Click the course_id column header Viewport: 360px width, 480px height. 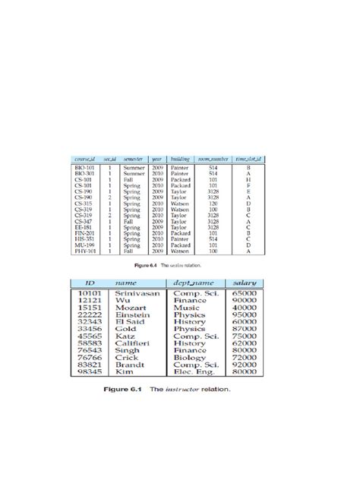point(85,157)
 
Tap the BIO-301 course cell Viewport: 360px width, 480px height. point(84,173)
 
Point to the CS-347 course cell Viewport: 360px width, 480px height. point(84,221)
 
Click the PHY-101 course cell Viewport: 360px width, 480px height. point(84,251)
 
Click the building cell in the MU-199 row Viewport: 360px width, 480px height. point(180,245)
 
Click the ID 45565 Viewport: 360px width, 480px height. point(91,335)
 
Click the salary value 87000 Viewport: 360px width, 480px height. point(244,328)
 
